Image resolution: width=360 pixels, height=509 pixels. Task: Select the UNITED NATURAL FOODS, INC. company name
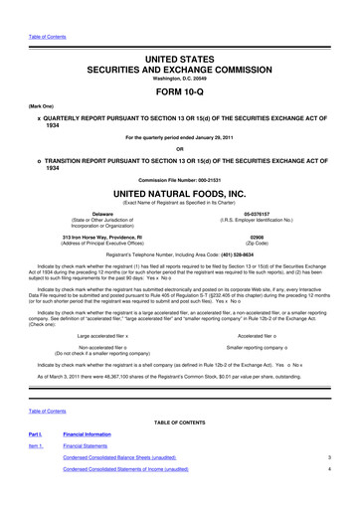(x=179, y=189)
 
